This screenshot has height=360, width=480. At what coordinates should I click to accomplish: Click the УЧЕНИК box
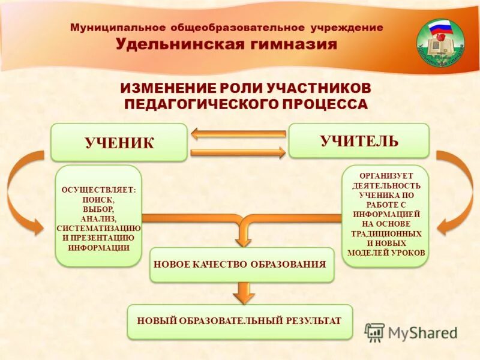[119, 142]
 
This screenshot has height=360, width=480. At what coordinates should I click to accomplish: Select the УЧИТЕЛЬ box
[359, 141]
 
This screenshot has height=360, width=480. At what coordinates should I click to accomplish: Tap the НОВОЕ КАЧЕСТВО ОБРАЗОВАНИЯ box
[241, 265]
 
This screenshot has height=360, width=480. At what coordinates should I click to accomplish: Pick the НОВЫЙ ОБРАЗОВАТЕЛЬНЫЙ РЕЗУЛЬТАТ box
[239, 321]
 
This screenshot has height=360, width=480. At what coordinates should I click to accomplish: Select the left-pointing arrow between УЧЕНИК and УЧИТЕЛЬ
[238, 134]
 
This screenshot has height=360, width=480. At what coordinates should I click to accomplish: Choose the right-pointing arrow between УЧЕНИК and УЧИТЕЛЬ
[238, 152]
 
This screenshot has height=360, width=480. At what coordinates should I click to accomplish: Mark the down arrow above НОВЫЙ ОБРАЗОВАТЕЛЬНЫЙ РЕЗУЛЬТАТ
[242, 292]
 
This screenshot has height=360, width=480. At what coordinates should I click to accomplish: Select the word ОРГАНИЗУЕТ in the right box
[386, 176]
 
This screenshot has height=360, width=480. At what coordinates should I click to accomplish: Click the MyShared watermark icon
[375, 332]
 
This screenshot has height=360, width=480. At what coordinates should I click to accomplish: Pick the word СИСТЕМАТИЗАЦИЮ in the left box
[98, 228]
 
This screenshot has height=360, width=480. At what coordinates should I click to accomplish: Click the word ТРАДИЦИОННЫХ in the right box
[386, 233]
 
